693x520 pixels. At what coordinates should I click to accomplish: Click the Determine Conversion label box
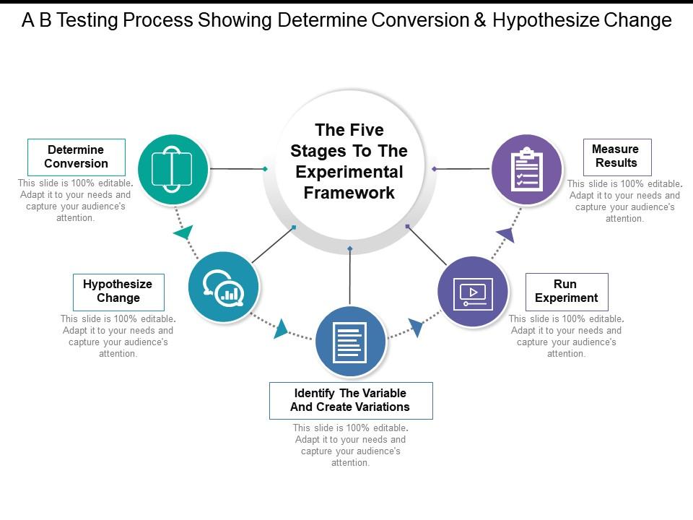[76, 157]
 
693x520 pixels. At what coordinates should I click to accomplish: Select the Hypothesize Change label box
[118, 292]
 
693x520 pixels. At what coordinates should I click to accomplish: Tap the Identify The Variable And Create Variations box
[351, 400]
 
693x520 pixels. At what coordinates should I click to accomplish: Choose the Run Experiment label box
[567, 291]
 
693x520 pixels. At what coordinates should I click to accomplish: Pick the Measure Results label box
[616, 157]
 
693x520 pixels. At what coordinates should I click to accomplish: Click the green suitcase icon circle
[173, 169]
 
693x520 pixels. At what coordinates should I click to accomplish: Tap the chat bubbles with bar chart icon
[223, 287]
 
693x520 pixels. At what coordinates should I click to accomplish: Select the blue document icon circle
[351, 342]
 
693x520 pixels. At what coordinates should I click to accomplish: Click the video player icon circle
[473, 292]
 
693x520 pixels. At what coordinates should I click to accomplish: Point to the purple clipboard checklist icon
[527, 169]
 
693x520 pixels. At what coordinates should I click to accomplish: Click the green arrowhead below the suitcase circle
[183, 233]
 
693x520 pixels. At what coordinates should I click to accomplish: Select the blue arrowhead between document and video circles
[416, 328]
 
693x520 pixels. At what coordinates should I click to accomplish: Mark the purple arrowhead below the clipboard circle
[506, 234]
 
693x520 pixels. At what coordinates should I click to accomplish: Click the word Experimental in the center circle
[349, 172]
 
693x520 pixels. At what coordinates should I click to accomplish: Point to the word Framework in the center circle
[349, 193]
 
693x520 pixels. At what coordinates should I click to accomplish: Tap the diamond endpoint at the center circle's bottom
[350, 248]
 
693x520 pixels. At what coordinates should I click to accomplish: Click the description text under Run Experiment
[567, 336]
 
